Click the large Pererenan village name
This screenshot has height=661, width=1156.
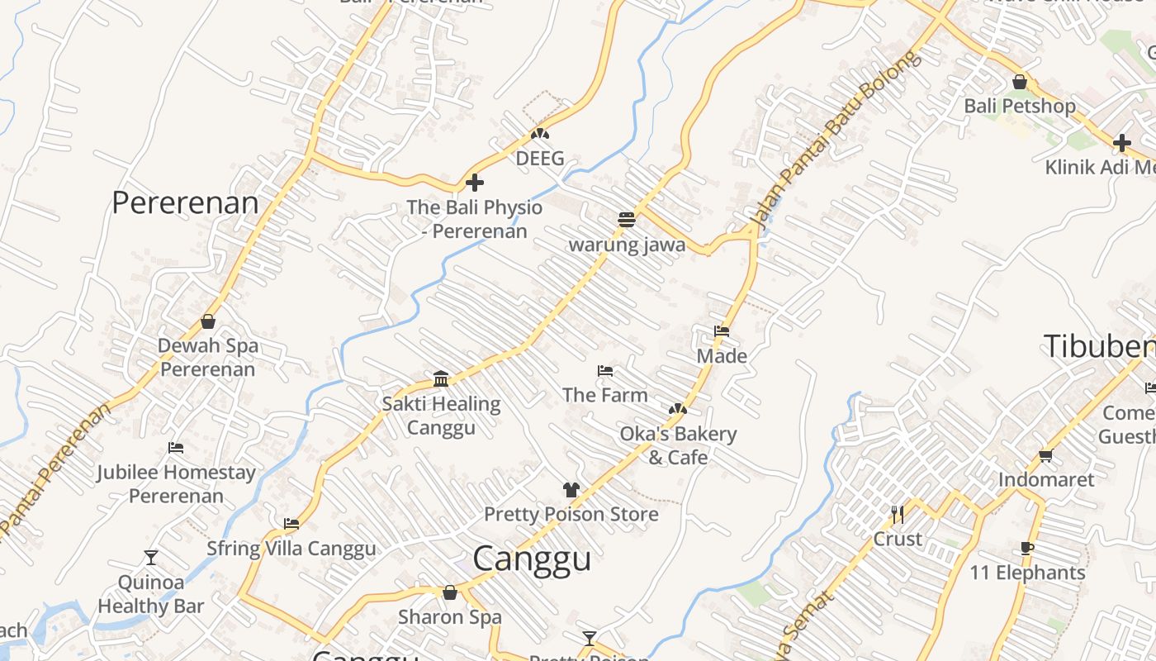click(x=185, y=202)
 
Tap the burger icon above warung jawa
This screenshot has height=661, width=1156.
click(x=627, y=220)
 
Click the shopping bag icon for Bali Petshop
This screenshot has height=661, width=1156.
click(x=1020, y=82)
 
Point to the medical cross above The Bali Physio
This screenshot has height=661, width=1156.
click(x=475, y=183)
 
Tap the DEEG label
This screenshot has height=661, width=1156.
click(x=540, y=158)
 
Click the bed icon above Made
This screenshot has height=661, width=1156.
click(x=722, y=331)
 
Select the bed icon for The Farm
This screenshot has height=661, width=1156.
click(x=605, y=371)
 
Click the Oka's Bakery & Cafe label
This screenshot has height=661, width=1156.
click(x=678, y=445)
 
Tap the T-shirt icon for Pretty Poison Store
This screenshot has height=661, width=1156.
click(x=571, y=489)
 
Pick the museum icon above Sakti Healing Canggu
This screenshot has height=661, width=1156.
click(x=441, y=378)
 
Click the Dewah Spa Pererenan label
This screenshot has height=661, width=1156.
click(x=208, y=357)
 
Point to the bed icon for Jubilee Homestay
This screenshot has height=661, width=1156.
click(x=176, y=448)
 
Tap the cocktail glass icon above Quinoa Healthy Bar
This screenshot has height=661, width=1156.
click(x=151, y=557)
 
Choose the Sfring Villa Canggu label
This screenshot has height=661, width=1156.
click(x=291, y=549)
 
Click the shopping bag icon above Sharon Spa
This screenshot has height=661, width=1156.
click(x=450, y=592)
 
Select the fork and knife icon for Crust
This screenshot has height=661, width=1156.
click(x=898, y=515)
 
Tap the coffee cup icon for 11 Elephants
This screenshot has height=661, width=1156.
click(x=1027, y=548)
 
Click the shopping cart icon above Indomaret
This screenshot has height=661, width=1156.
click(x=1045, y=455)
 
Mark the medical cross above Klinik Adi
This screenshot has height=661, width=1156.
click(x=1121, y=143)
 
